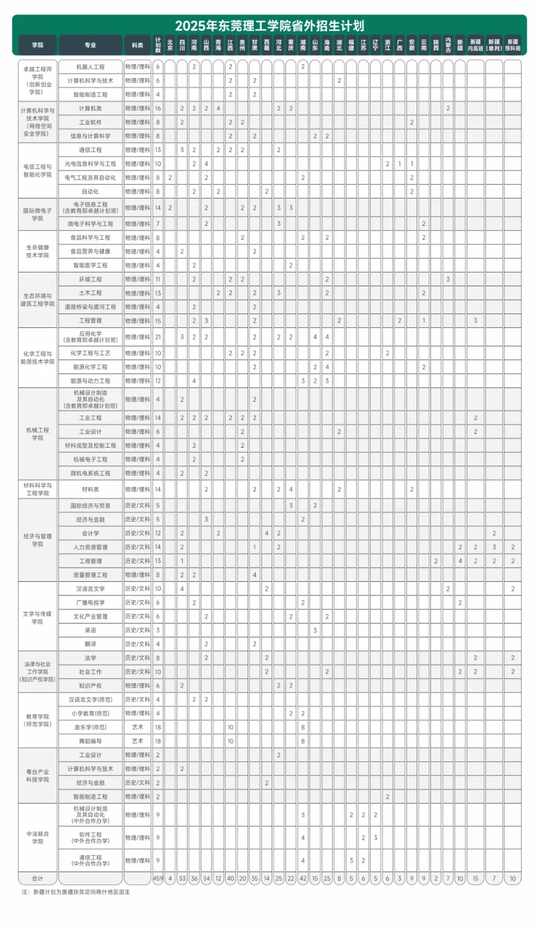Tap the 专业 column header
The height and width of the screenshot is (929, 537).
pos(90,45)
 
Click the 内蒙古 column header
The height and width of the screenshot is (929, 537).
pos(448,45)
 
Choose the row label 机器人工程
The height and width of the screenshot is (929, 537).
pos(90,67)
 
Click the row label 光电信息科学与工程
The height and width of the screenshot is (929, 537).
pos(90,164)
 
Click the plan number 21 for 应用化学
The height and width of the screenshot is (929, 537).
pos(158,337)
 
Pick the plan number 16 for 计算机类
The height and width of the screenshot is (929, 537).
pos(158,108)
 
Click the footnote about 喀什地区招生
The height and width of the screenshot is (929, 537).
pos(75,892)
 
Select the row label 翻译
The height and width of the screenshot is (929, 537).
pos(90,644)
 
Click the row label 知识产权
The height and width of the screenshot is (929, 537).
pos(90,685)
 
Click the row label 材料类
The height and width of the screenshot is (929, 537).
pos(90,489)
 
